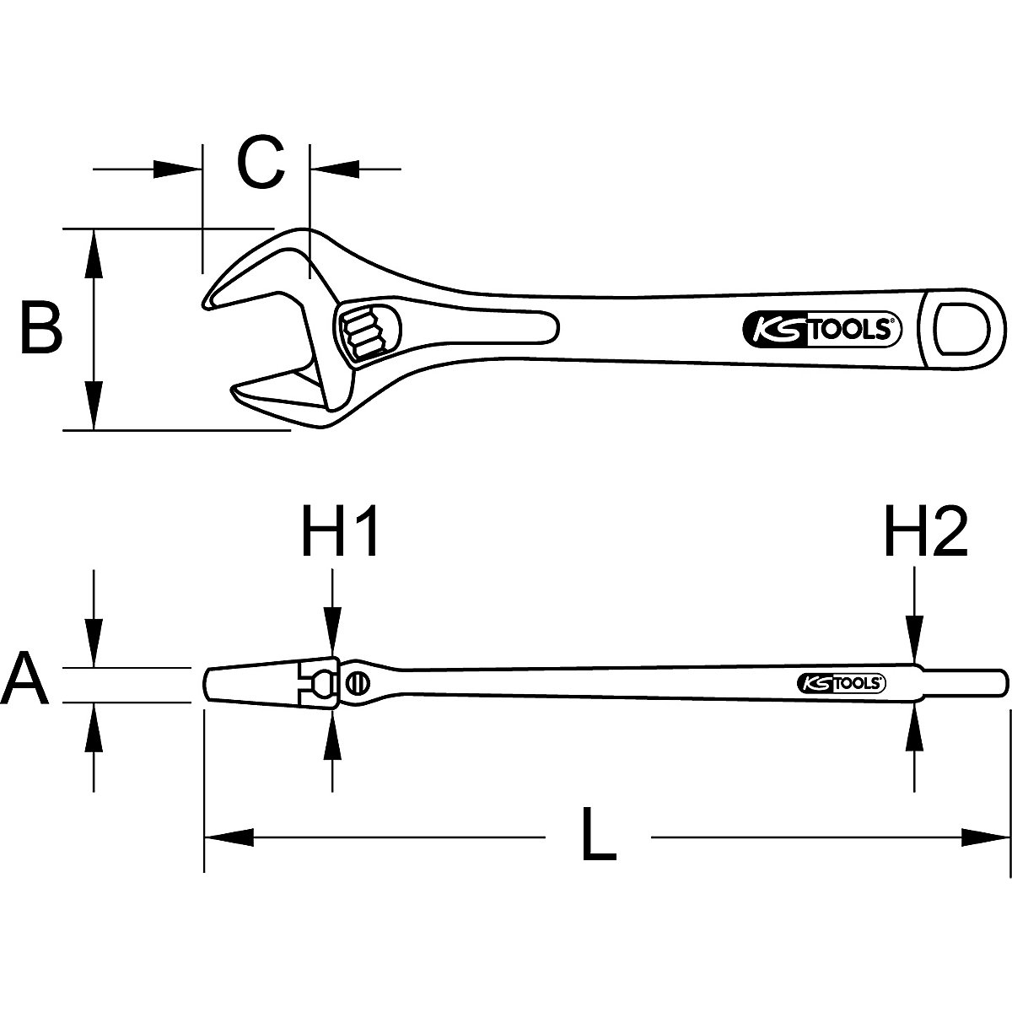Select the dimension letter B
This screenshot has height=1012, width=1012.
(x=40, y=329)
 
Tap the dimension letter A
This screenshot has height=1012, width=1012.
(x=25, y=681)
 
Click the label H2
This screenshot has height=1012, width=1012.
(x=925, y=534)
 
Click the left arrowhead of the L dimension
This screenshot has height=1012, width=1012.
(x=228, y=837)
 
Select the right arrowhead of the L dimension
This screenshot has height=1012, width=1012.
(x=987, y=837)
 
